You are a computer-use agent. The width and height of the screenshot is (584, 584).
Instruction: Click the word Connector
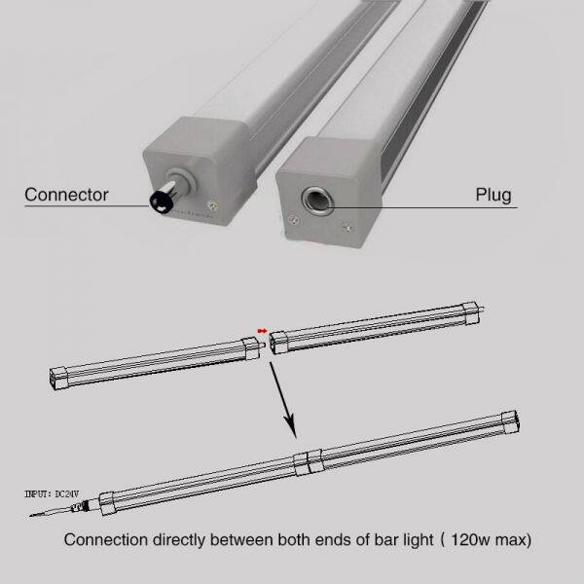[65, 194]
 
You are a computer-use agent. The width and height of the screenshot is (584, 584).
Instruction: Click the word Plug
[493, 194]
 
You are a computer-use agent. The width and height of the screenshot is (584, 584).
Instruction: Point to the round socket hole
[318, 202]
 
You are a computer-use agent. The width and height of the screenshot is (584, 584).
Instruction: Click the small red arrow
[260, 329]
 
